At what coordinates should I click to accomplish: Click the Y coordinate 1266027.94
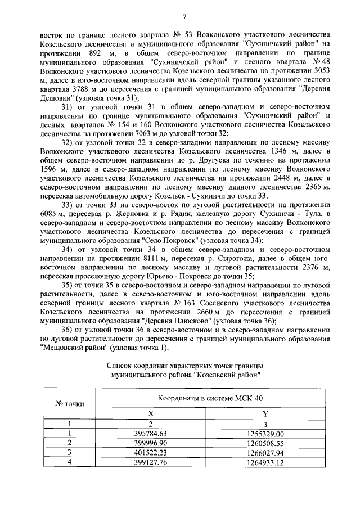[265, 452]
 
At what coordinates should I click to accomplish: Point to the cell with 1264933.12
[265, 462]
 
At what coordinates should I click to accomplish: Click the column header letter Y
[265, 413]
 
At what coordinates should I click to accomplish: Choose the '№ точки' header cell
[70, 403]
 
